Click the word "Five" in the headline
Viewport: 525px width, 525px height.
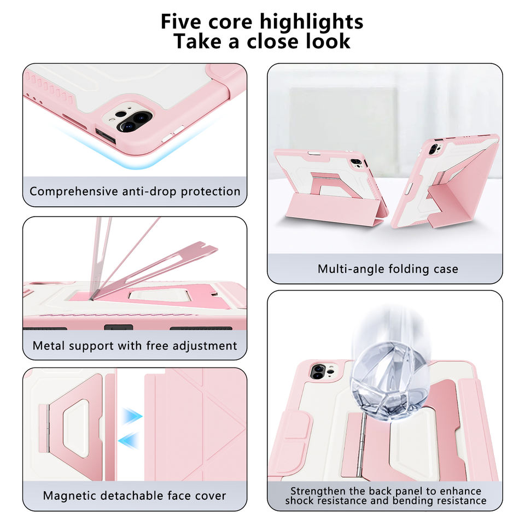tap(181, 21)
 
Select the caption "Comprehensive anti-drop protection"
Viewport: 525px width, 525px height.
tap(135, 191)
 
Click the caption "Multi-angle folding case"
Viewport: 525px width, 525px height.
tap(388, 269)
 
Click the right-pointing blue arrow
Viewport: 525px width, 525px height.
tap(132, 417)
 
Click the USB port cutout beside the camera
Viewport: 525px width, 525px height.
tap(106, 136)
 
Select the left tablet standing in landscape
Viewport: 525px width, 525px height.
tap(330, 187)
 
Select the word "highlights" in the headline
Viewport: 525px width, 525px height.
tap(311, 22)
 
